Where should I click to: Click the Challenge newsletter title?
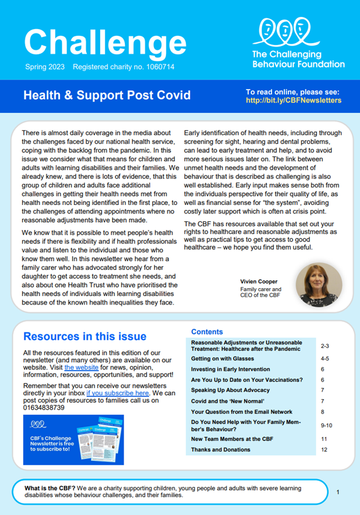pos(105,41)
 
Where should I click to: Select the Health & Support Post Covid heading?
pos(106,95)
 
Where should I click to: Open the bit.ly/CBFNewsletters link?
pos(293,100)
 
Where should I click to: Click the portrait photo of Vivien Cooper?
pos(319,284)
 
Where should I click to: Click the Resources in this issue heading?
pos(84,337)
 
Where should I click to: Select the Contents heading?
pos(207,332)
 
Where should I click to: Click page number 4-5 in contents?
pos(325,358)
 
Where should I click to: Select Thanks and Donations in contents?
pos(221,449)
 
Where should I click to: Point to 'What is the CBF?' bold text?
pos(52,487)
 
